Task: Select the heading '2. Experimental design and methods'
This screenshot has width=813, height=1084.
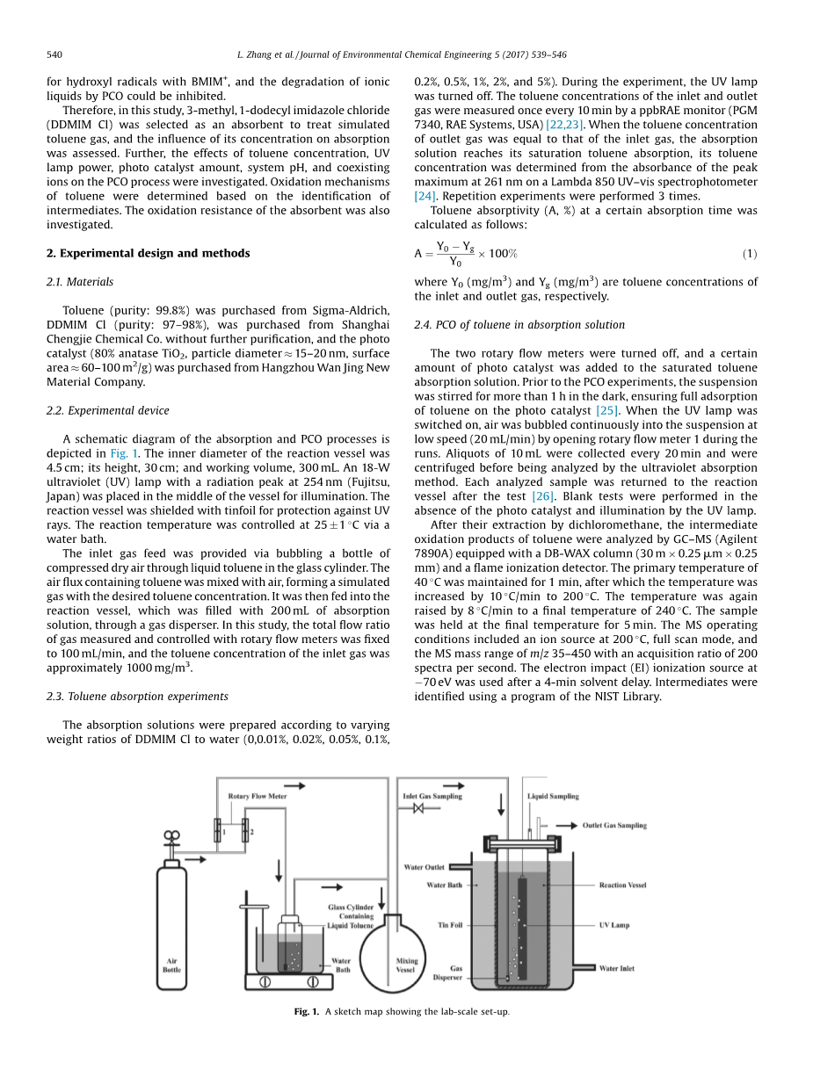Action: point(148,253)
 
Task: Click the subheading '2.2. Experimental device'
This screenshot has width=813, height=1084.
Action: point(107,410)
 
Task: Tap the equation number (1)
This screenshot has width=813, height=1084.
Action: point(749,254)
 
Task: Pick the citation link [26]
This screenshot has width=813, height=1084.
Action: point(544,496)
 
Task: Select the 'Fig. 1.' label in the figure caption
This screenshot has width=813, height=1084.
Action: point(307,1011)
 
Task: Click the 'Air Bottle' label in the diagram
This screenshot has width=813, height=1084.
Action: point(171,965)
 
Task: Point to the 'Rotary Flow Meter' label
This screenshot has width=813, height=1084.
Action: point(258,797)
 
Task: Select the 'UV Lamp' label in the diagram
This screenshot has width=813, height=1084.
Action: point(613,925)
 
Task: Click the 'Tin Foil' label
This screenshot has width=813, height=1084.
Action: point(449,925)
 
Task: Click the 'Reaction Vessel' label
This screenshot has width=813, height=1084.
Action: point(622,885)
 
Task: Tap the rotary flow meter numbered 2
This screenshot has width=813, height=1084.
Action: point(245,830)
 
